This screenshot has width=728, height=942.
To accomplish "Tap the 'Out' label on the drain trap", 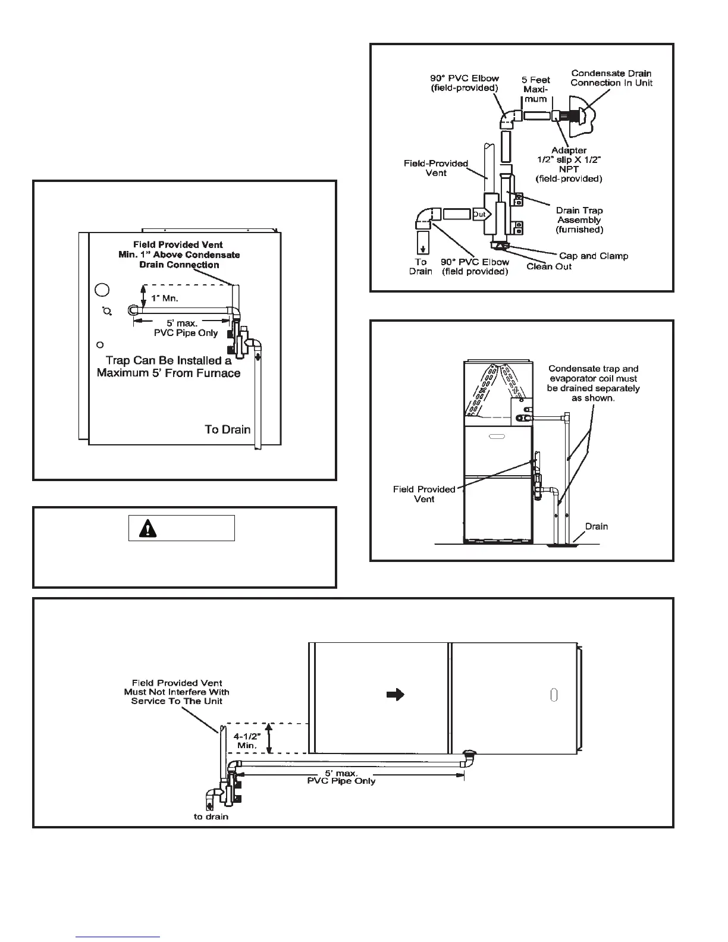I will pos(479,214).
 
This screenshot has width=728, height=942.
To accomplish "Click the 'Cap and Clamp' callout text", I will pos(593,256).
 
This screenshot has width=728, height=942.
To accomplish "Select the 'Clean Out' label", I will pos(548,266).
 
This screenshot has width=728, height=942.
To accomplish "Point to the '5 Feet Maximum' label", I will pos(536,89).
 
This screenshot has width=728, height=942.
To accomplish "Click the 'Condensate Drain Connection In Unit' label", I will pos(611,78).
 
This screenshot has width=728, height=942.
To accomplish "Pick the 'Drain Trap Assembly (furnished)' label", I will pos(579,219).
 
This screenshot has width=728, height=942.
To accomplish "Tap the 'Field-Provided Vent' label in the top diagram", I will pos(436,168).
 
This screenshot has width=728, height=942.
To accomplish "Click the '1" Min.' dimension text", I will pos(164,298).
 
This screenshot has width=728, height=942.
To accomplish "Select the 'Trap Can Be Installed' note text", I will pos(168,366).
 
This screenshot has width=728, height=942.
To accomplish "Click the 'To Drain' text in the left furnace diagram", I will pos(227,429).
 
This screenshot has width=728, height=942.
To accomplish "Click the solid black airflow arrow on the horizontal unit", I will pos(396,694).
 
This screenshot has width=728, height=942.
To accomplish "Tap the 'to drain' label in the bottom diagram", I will pos(211,817).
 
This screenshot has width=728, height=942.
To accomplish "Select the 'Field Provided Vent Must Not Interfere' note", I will pos(177,692).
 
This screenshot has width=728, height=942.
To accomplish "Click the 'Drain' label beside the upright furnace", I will pos(596,526).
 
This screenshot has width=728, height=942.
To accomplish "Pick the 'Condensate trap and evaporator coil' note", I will pos(593,383).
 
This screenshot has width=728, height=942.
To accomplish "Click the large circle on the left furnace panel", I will pos(102,290).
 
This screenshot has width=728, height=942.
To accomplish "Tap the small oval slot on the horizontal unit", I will pos(553,696).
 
